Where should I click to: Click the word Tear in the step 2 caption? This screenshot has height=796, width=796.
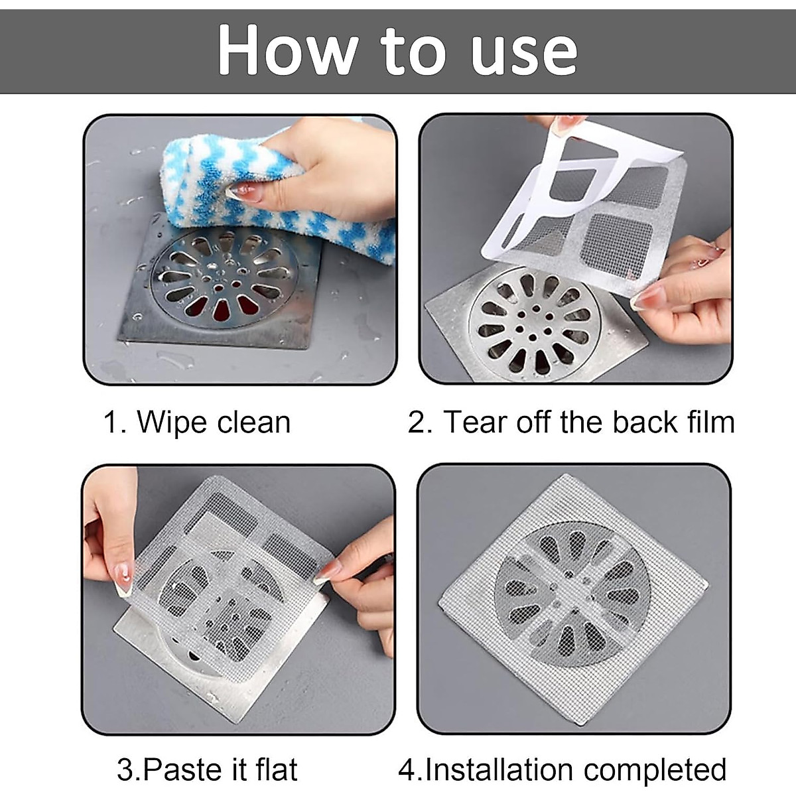click(474, 423)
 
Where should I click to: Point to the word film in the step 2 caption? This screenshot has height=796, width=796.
click(710, 423)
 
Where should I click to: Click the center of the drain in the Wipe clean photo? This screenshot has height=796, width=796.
click(224, 279)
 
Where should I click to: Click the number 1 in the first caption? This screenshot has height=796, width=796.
click(111, 423)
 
